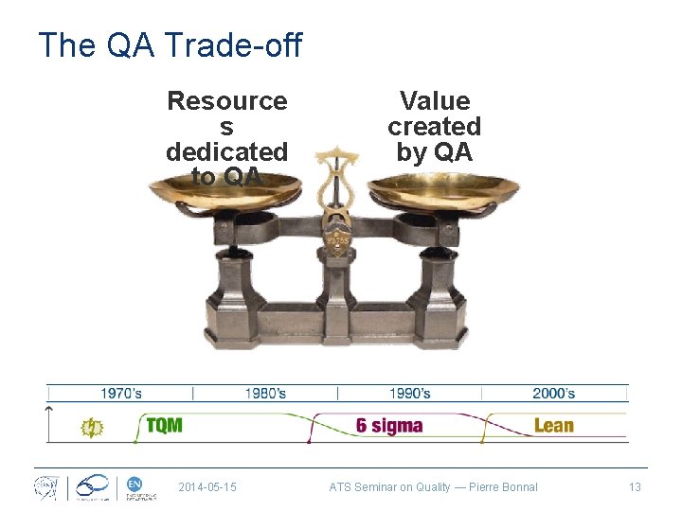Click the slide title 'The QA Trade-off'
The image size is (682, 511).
click(x=170, y=44)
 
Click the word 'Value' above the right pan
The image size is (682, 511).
click(x=435, y=101)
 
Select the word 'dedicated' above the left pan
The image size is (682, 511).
click(x=226, y=151)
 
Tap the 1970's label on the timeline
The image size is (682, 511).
click(x=121, y=393)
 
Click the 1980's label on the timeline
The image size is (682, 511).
click(x=266, y=393)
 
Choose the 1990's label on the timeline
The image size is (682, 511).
click(x=409, y=393)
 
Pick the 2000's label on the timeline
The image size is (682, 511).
click(x=553, y=393)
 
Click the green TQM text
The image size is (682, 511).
click(x=165, y=425)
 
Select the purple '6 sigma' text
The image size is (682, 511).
click(x=389, y=425)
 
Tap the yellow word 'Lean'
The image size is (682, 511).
click(x=554, y=425)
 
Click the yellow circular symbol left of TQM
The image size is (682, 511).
click(x=92, y=427)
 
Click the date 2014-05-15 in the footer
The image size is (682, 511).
click(x=207, y=487)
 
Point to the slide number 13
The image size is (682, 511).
click(x=635, y=487)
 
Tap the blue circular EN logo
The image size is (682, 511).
click(x=135, y=484)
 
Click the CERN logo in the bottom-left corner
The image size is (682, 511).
click(x=45, y=487)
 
